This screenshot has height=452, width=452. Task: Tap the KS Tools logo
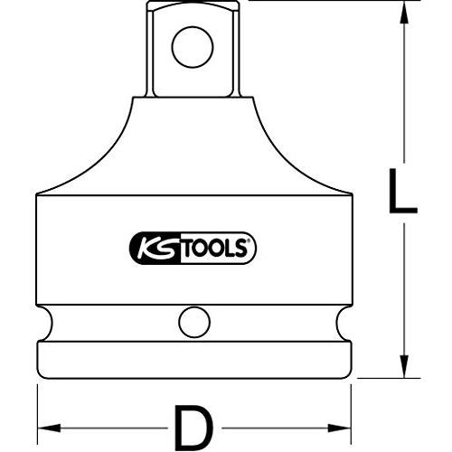[x=193, y=248]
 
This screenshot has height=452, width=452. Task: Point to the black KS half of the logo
[x=155, y=248]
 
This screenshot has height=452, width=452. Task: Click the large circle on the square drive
[x=193, y=47]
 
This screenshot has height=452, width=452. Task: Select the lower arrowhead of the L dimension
[x=404, y=366]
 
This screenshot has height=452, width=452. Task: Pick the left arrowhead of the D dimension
[x=49, y=428]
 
